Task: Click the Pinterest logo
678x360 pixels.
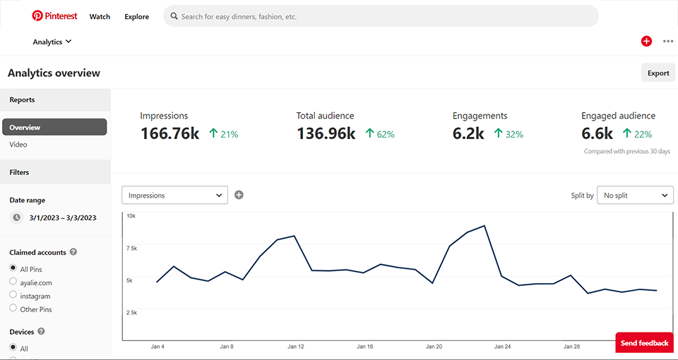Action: [54, 16]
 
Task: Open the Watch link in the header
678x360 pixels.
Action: [100, 16]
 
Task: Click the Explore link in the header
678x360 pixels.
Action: [136, 16]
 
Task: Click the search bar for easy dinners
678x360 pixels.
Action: [381, 16]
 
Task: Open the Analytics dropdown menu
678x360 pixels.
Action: [52, 42]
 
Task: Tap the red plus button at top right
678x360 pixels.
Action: [646, 42]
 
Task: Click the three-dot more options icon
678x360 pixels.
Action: [667, 42]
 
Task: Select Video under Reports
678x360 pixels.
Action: [18, 145]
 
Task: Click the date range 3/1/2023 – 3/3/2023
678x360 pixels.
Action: [62, 218]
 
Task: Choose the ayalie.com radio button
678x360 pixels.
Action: [13, 282]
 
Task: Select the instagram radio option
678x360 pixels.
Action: [13, 295]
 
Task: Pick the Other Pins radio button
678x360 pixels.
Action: [13, 308]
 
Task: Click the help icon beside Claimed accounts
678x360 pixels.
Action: [73, 252]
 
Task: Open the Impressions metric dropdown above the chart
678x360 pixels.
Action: [174, 196]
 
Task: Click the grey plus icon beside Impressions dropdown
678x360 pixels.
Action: [239, 195]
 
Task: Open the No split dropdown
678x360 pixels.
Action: [635, 196]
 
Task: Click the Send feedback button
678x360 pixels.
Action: [643, 343]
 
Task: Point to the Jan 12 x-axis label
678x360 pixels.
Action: [296, 347]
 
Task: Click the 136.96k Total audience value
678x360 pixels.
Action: [326, 133]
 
